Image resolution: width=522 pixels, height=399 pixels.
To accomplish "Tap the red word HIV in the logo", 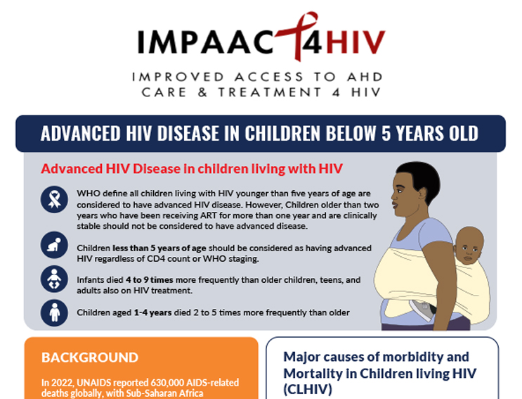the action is (x=355, y=42).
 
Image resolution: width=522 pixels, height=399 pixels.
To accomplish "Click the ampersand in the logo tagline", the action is (x=202, y=92).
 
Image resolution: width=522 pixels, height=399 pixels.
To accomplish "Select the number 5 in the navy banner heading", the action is (x=386, y=133).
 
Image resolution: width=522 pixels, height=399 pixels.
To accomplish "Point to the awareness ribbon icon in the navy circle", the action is (x=54, y=199).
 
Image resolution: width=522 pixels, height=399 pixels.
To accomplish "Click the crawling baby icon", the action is (x=54, y=245).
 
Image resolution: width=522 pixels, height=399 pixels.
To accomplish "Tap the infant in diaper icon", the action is (x=54, y=279).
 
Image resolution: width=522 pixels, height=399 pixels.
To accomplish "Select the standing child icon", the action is (x=54, y=312).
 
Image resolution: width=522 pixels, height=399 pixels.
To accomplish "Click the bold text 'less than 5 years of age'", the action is (x=159, y=248).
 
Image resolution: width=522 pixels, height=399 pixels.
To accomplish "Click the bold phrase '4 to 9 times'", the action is (x=149, y=280).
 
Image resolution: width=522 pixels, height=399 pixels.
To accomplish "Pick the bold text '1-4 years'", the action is (x=152, y=312).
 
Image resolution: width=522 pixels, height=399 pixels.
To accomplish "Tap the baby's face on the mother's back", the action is (x=469, y=246).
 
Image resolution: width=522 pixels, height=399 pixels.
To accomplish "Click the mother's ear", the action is (x=422, y=194).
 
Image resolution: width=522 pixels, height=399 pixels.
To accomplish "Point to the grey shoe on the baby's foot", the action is (x=423, y=309).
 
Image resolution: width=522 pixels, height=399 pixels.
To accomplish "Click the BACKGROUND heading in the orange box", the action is (x=90, y=357).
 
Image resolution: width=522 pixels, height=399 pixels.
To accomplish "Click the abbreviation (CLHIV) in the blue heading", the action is (x=308, y=389).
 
